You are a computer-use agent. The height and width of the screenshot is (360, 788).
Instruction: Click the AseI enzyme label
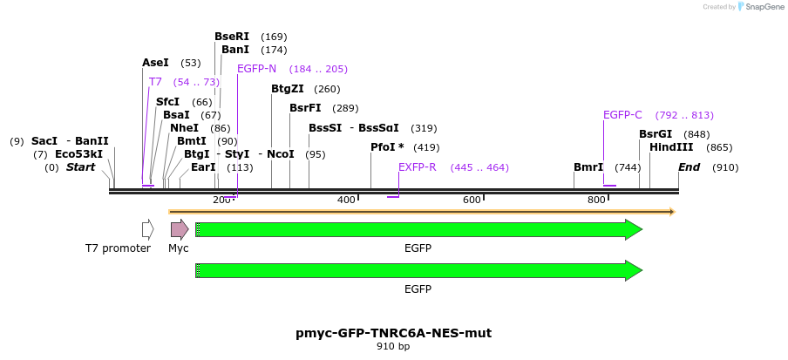(155, 63)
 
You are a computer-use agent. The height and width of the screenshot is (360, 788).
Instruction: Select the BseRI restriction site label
(232, 37)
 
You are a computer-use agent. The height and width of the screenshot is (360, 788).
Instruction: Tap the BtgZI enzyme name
(287, 89)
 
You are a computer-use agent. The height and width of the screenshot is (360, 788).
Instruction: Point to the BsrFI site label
(305, 108)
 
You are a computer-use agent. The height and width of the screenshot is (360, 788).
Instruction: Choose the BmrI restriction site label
(588, 167)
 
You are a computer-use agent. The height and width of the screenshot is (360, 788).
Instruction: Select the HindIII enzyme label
(671, 147)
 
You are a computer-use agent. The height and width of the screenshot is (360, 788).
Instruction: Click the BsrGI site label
(656, 134)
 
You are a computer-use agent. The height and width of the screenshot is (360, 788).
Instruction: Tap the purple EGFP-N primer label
(256, 69)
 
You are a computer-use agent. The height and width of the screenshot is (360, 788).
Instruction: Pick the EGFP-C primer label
(622, 115)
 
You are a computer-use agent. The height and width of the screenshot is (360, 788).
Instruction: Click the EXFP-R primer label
(417, 167)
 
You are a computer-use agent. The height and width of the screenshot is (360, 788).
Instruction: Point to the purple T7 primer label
(155, 82)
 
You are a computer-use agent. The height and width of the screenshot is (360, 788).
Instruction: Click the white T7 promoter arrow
(148, 229)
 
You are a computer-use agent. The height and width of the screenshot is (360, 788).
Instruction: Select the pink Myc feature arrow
(180, 229)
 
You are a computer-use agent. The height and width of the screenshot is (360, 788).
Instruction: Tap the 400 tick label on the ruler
(346, 200)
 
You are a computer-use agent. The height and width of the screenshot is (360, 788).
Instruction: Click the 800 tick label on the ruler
(596, 200)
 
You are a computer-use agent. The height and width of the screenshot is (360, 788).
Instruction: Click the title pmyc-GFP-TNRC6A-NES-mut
(393, 333)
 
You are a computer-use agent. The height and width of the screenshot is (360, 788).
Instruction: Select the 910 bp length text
(393, 347)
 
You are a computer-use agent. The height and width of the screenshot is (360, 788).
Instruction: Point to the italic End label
(689, 167)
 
